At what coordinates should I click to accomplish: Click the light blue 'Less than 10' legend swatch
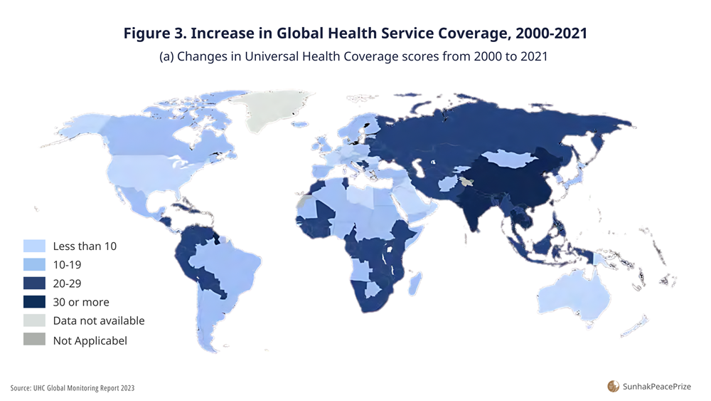pos(34,246)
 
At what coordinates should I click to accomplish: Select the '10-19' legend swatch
pos(34,265)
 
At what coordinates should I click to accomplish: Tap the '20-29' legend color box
pos(34,283)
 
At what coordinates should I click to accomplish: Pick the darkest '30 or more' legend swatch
pos(34,302)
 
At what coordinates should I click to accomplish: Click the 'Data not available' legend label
pos(98,321)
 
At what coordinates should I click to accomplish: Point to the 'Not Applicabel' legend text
pos(90,340)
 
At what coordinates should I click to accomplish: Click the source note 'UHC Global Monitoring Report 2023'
pos(83,388)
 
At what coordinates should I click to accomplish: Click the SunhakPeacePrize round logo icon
pos(613,386)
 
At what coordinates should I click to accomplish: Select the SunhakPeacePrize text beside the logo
pos(656,387)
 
